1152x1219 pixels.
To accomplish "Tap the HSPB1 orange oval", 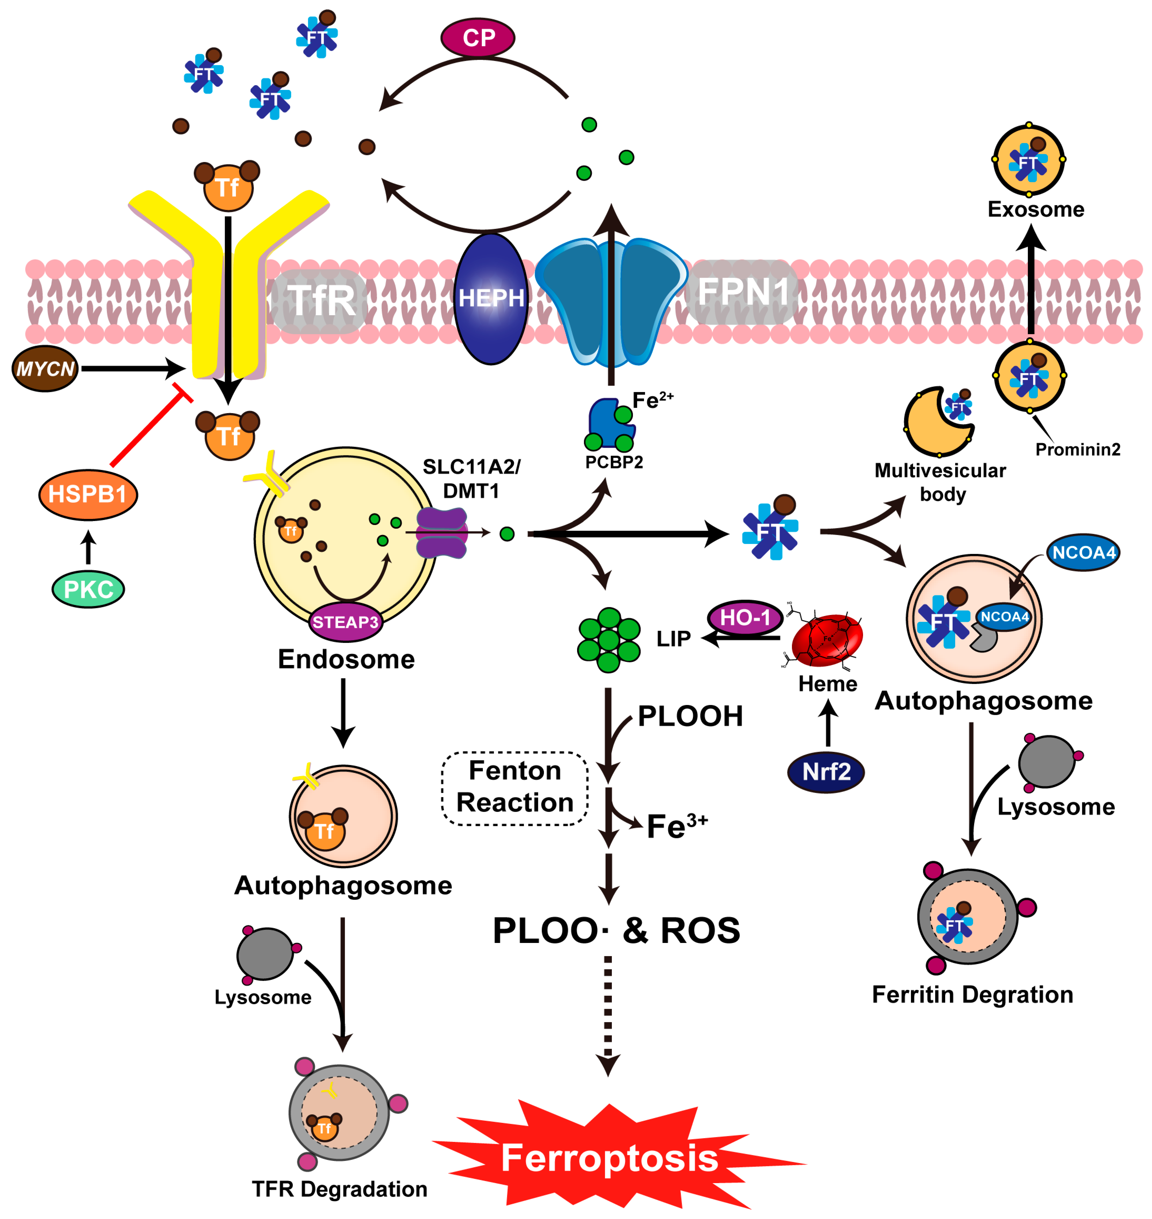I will coord(88,494).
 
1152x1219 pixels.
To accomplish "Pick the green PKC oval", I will coord(89,589).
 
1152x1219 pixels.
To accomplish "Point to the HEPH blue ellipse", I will coord(491,299).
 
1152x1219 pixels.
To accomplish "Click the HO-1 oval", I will coord(745,617).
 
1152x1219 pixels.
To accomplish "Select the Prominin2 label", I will coord(1078,449).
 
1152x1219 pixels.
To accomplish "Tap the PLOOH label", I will coord(690,716).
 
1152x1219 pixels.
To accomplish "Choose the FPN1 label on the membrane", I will coord(743,291).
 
